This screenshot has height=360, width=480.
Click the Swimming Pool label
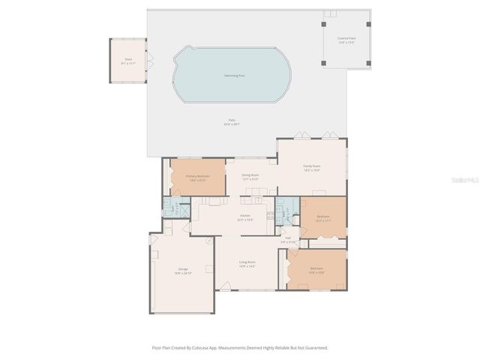point(232,75)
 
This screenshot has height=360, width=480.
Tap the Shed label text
point(128,63)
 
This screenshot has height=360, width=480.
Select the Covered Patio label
point(346,40)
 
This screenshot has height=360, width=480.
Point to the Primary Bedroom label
point(197,178)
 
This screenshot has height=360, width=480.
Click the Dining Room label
point(250,178)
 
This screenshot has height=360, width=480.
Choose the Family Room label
point(312,168)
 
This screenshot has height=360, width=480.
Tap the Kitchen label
point(244,218)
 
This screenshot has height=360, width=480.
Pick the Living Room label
point(247,263)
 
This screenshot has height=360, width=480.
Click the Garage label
point(183,270)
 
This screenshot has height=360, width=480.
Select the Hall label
point(288,240)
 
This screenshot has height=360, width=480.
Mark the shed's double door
point(148,61)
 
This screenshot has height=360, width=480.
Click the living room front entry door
point(224,286)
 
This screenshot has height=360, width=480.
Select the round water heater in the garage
point(208,241)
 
